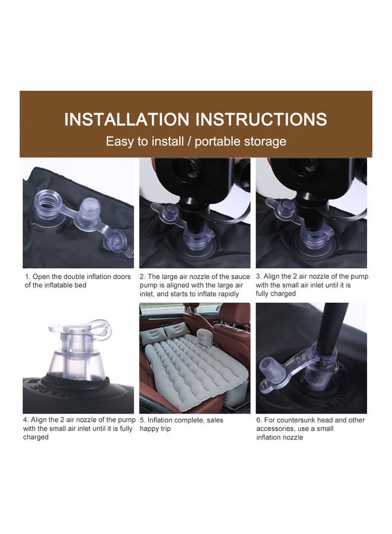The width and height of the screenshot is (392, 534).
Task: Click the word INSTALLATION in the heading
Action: pos(127,119)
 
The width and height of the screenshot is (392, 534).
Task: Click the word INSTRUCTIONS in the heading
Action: pos(261,119)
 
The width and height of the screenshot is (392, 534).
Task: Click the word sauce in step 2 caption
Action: pos(241,276)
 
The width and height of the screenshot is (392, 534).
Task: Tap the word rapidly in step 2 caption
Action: pos(229,294)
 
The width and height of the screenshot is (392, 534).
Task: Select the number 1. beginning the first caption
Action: pos(27,276)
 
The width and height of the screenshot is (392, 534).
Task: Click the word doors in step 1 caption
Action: pos(121,276)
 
